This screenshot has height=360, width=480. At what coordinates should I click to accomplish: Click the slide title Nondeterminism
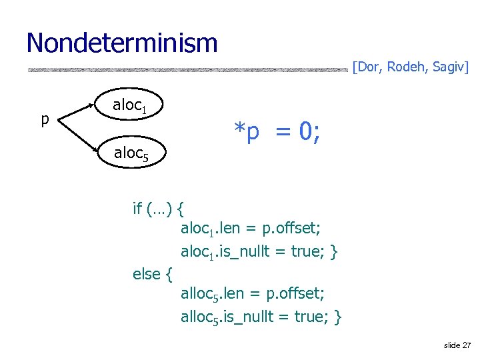[122, 43]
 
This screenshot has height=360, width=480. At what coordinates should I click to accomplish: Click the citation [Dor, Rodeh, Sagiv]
[410, 67]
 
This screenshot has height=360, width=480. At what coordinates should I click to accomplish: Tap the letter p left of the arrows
[45, 120]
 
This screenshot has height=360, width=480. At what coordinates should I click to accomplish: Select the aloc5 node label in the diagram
[135, 153]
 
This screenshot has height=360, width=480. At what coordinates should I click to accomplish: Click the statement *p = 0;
[276, 132]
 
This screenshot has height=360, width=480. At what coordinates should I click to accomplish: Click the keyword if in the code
[137, 209]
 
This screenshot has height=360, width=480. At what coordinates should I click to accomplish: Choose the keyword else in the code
[147, 273]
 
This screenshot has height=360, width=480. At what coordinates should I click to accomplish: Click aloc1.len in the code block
[207, 229]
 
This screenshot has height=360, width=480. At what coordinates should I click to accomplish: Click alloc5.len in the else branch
[209, 294]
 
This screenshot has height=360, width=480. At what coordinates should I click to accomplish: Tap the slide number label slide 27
[457, 345]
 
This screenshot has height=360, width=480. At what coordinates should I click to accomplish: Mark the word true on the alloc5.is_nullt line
[316, 316]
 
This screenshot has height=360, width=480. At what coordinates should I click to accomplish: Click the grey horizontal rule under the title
[187, 69]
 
